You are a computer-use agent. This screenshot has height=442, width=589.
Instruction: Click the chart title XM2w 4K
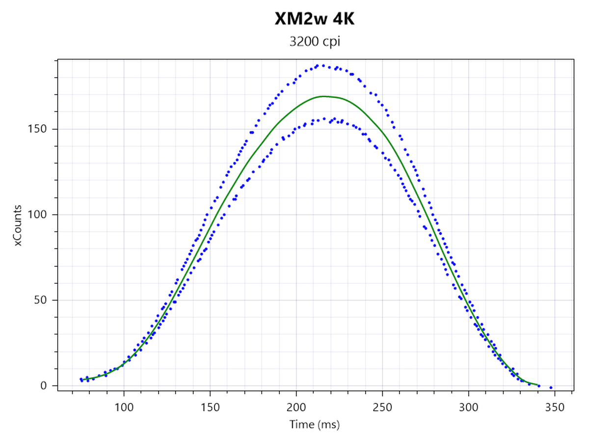pos(315,20)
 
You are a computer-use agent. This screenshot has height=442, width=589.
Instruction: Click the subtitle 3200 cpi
pos(315,42)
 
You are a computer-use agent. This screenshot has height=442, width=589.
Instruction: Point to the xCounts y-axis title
pos(18,225)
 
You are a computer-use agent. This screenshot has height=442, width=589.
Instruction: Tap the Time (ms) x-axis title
pos(315,424)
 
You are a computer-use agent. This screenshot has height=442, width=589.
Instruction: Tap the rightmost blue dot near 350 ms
pos(551,387)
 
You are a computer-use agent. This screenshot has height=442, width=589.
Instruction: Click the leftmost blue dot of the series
pos(81,379)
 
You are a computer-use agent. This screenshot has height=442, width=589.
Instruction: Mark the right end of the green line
pos(539,386)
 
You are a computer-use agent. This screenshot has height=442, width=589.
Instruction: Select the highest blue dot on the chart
pos(322,65)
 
